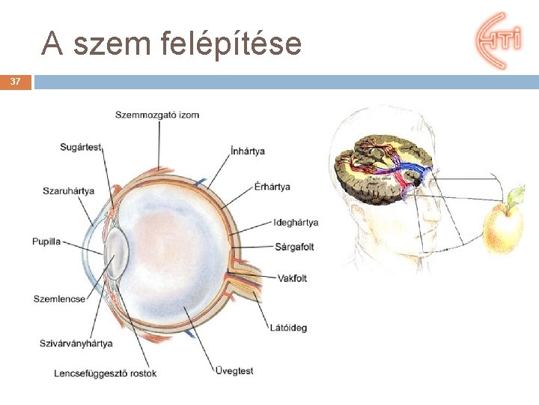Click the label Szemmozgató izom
157,115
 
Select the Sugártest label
80,147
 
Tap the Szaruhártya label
69,190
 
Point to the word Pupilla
46,241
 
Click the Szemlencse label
59,299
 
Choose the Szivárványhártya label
76,343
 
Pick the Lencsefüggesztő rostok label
106,373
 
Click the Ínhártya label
248,151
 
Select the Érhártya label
272,187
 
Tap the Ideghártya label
296,223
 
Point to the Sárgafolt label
294,247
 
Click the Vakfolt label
292,279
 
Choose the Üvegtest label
234,370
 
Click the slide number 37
15,81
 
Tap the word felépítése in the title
231,44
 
